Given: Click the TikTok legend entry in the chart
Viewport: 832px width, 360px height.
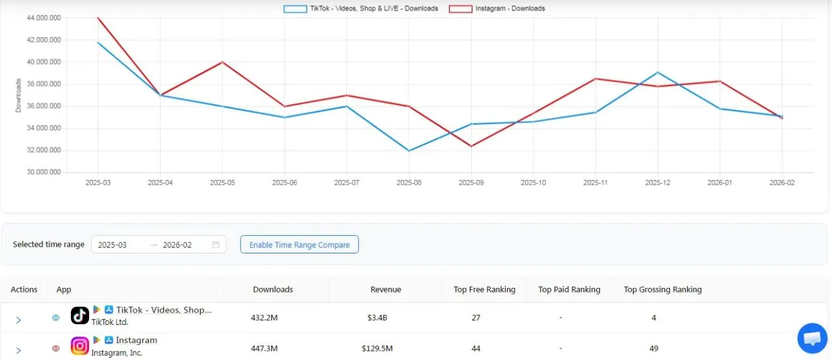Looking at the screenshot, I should (361, 9).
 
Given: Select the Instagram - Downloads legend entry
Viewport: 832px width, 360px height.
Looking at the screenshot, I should (497, 9).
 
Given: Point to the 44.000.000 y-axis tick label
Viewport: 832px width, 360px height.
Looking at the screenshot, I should (44, 18).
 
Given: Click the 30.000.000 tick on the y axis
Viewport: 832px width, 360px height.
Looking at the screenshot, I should (44, 172).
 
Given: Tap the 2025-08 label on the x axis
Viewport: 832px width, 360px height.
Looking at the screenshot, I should (409, 183).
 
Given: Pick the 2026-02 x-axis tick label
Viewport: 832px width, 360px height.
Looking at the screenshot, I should (782, 183).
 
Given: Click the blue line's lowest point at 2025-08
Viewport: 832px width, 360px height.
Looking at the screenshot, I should (409, 151).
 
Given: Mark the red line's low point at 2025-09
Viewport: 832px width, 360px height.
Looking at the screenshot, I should (471, 146).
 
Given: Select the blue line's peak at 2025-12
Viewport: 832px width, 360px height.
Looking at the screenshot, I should (658, 72).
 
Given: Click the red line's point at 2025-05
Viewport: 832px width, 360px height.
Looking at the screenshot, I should (222, 62).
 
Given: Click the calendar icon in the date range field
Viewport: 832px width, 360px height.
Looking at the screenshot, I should (216, 245).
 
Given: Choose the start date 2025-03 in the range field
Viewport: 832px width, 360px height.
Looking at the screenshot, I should (112, 245).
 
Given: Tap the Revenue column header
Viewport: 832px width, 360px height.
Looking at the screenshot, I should (385, 289).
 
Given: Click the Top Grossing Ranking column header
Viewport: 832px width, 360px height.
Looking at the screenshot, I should (662, 289).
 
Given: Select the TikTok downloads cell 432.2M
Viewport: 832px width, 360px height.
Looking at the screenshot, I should (265, 318).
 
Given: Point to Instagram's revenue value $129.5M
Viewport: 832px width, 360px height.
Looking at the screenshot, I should (377, 348).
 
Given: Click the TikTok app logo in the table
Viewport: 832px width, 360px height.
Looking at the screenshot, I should (80, 316).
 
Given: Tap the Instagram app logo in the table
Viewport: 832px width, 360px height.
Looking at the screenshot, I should (80, 346).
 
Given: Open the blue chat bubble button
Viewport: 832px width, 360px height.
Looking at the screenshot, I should (812, 339).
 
